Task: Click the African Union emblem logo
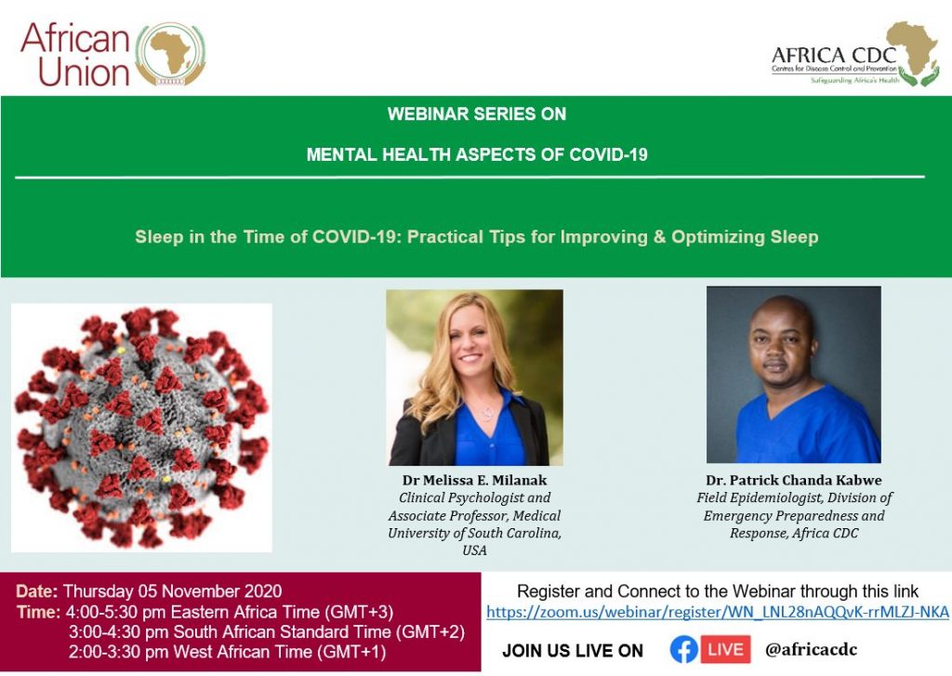(171, 55)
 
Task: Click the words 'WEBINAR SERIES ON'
(477, 114)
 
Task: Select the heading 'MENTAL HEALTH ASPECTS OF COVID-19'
(477, 154)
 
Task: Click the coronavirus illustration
(141, 428)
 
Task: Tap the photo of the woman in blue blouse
(475, 378)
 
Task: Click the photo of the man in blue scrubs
(794, 374)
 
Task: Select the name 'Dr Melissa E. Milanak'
(475, 480)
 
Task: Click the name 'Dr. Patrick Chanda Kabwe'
(794, 480)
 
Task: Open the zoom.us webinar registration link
(718, 612)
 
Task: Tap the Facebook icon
(683, 650)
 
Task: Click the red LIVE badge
(725, 649)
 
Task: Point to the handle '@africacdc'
(811, 649)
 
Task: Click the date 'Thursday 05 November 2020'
(172, 591)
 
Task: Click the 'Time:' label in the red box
(38, 612)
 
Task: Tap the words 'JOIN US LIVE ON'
(573, 651)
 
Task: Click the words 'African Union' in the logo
(75, 55)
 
